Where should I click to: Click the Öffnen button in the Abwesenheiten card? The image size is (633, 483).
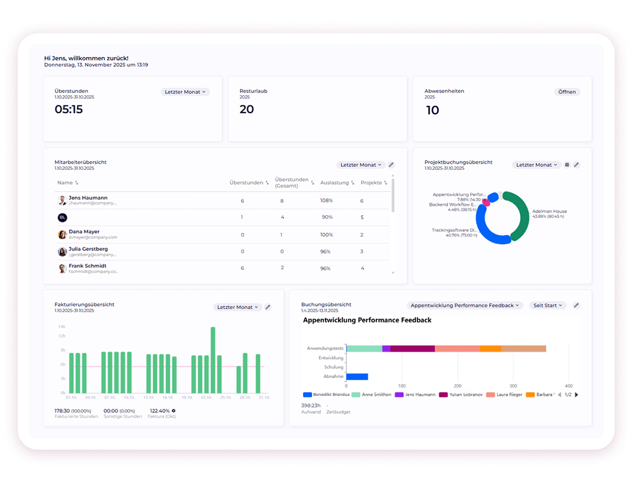pos(567,92)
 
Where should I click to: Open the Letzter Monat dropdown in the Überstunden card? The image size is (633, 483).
pos(185,92)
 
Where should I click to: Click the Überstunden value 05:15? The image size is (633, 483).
pos(69,109)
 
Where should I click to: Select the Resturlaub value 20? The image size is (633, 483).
pos(247,109)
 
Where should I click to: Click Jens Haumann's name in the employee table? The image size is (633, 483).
pos(88,198)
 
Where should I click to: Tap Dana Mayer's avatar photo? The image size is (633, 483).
pos(62,234)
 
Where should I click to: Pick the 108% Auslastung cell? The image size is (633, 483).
pos(326,200)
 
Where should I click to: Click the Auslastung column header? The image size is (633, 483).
pos(334,183)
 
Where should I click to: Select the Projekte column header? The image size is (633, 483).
pos(371,183)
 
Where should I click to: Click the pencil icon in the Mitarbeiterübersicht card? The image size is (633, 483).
pos(391,165)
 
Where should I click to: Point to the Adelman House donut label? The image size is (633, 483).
pos(549,212)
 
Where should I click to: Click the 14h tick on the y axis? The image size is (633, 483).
pos(62,326)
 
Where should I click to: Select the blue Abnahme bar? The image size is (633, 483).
pos(357,376)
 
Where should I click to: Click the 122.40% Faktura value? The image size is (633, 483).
pos(159,411)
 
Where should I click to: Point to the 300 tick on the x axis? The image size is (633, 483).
pos(513,385)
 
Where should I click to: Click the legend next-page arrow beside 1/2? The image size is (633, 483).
pos(576,395)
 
